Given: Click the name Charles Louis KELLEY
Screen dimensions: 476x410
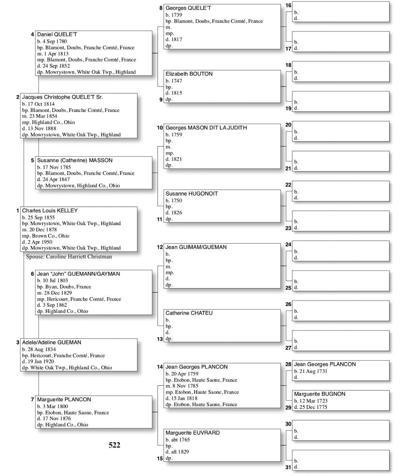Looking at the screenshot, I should [x=50, y=211].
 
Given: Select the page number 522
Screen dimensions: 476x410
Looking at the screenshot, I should [x=114, y=445].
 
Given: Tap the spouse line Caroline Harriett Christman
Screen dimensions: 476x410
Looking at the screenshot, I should [x=69, y=257].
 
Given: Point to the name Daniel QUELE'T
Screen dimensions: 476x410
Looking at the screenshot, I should [x=57, y=35].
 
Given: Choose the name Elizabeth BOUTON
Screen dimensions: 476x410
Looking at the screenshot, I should [x=189, y=74].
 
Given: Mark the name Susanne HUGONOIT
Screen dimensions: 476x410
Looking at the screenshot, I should [x=191, y=194].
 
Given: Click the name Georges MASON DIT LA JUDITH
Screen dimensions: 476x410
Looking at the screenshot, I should [x=206, y=128].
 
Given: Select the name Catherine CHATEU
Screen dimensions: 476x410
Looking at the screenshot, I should [x=189, y=313].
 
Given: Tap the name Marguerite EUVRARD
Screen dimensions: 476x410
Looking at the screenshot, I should [x=192, y=433].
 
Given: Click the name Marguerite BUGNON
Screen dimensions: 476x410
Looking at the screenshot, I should [x=319, y=394].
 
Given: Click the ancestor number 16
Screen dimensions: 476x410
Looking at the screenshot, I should [x=288, y=5].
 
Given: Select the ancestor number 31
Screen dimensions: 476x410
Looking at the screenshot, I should [x=288, y=467].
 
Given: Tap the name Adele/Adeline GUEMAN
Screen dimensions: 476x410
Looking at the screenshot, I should [x=51, y=342].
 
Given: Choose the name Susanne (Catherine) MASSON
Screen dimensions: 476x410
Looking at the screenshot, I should [x=74, y=161].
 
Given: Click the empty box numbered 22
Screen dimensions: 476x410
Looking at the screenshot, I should [x=341, y=191].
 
